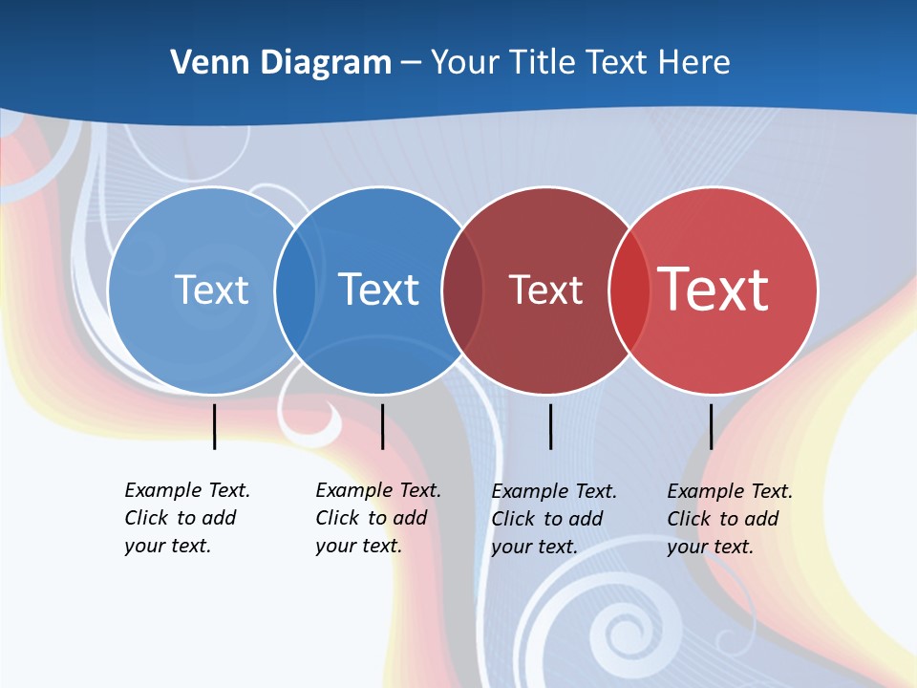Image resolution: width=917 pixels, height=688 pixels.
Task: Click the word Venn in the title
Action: [x=203, y=62]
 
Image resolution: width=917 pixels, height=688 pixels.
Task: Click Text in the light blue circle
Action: [x=211, y=290]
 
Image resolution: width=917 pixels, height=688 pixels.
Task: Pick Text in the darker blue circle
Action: [x=378, y=290]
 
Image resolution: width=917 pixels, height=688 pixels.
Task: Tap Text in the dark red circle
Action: [x=545, y=290]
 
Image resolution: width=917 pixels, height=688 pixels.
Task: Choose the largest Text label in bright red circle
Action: [x=714, y=290]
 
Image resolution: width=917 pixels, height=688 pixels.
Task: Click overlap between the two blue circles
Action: [x=295, y=290]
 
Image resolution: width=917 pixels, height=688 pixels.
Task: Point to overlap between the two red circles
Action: [x=629, y=290]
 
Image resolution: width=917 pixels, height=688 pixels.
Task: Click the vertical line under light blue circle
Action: [x=214, y=426]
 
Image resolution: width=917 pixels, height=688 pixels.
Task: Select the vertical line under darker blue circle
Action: [x=382, y=426]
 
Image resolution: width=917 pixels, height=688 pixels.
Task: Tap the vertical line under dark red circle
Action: [x=550, y=426]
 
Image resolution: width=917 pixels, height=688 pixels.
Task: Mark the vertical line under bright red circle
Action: [x=711, y=426]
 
